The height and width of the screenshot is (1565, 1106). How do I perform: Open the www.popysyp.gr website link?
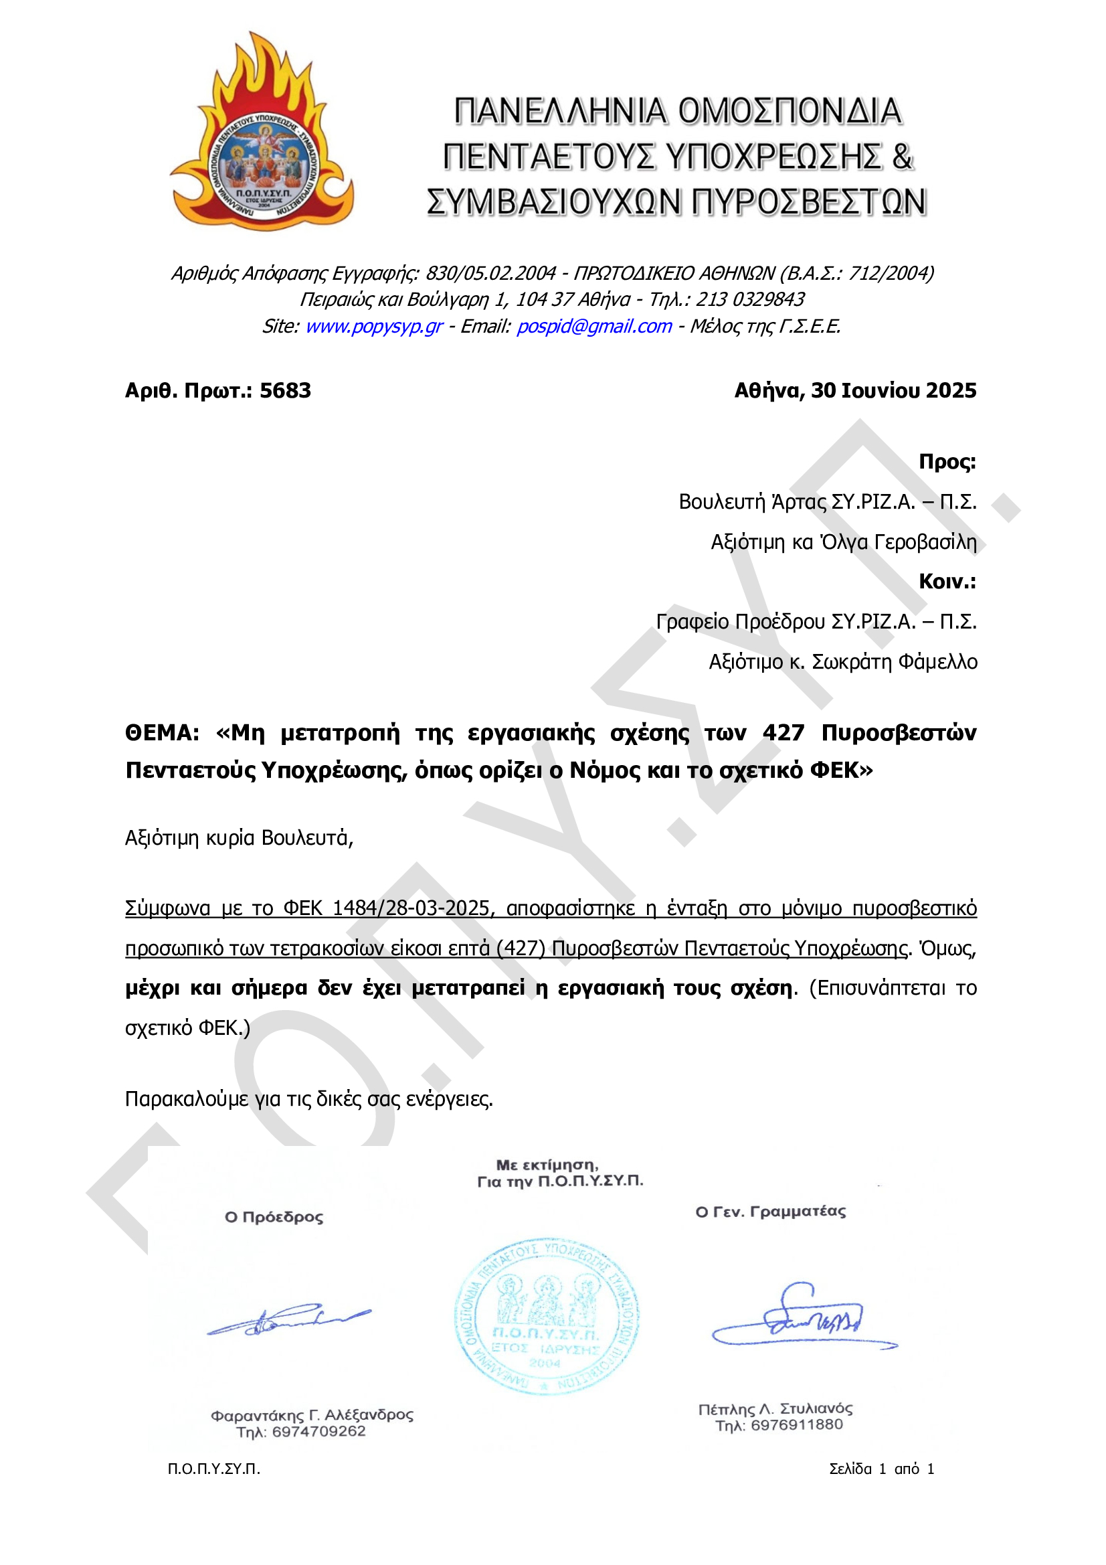[x=373, y=327]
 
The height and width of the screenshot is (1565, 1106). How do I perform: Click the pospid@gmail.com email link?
[x=593, y=327]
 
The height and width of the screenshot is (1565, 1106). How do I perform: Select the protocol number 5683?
[x=285, y=390]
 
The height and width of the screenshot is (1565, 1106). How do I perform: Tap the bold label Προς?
[x=947, y=461]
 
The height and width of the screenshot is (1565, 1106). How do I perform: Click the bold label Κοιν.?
[x=947, y=582]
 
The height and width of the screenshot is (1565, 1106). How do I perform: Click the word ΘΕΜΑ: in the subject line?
[x=162, y=733]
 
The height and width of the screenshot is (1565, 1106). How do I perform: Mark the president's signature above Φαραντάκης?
[x=289, y=1320]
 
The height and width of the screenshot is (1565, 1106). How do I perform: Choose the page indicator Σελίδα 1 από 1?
[x=881, y=1469]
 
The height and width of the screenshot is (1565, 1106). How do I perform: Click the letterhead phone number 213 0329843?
[x=749, y=299]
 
